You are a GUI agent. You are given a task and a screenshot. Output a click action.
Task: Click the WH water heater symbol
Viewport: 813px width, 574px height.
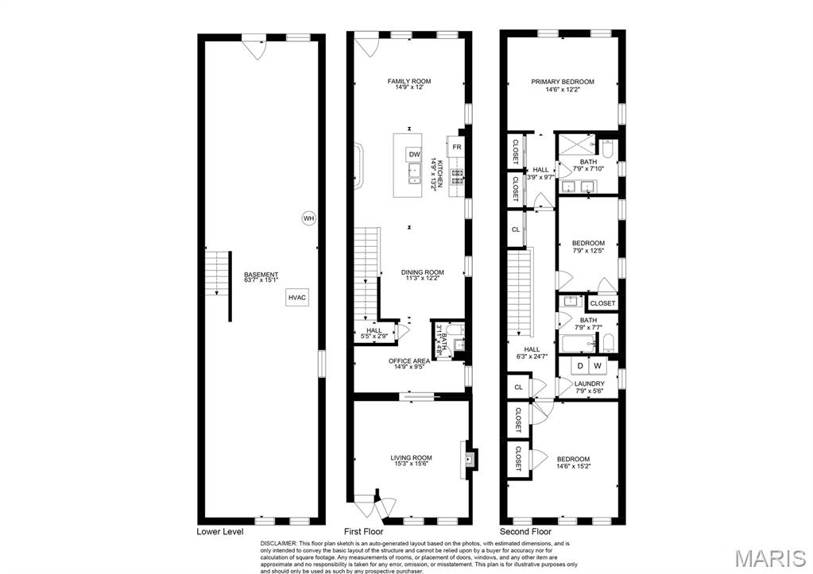(308, 218)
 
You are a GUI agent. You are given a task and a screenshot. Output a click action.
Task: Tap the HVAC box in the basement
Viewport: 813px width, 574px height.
(297, 297)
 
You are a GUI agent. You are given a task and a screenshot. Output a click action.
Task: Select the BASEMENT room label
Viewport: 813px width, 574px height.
(261, 279)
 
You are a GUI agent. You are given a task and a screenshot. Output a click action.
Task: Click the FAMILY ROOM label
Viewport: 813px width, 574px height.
(409, 84)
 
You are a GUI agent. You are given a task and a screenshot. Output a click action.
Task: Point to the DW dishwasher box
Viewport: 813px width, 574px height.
(414, 154)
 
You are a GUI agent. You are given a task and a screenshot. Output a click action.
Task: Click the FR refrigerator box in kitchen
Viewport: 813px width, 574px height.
(457, 148)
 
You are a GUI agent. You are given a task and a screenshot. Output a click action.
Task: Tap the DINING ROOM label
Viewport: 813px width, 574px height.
(422, 275)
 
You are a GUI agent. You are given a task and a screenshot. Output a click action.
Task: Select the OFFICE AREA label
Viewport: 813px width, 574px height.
(409, 364)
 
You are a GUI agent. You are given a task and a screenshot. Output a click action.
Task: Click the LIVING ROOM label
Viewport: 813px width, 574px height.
(411, 461)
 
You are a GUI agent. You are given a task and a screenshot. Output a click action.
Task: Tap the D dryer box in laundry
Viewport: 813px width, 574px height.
(580, 366)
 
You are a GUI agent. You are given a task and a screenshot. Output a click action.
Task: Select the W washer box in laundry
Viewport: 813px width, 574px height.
(598, 366)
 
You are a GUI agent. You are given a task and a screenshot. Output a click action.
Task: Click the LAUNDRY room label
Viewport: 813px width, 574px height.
(589, 387)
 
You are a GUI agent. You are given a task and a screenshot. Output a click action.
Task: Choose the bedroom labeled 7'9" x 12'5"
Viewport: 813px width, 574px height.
(588, 247)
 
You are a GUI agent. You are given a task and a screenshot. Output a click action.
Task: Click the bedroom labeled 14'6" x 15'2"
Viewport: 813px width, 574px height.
(572, 462)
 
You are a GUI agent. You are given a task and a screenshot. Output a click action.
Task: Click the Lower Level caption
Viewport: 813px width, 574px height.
(219, 531)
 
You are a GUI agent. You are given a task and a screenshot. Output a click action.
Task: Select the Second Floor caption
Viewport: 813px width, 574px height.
(525, 531)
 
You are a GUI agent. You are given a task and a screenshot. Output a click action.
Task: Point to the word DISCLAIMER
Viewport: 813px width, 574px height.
(280, 544)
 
